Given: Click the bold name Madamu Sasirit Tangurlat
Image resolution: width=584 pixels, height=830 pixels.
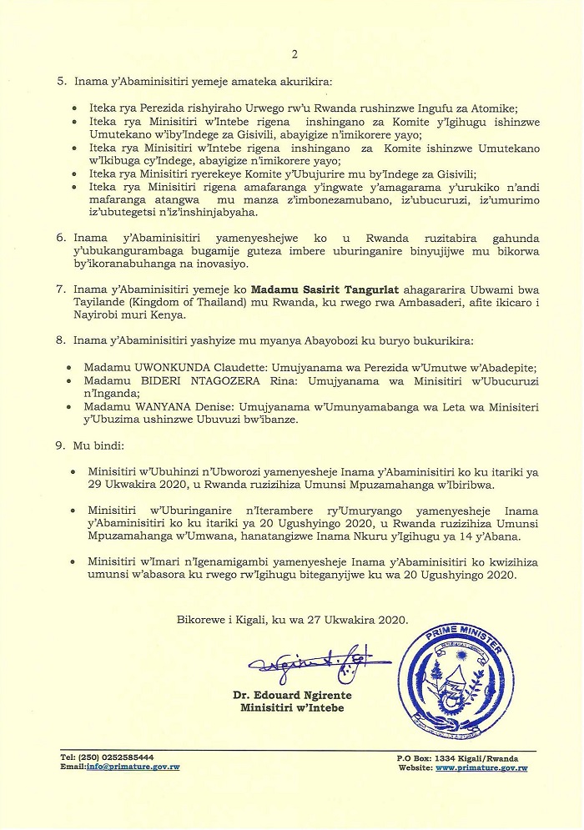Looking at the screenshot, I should pyautogui.click(x=325, y=289).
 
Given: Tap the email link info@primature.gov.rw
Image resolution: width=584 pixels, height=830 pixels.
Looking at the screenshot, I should pyautogui.click(x=133, y=766).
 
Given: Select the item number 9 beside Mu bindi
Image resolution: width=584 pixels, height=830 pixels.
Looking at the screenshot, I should pyautogui.click(x=60, y=446).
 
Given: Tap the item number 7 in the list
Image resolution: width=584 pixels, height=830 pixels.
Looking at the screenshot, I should pyautogui.click(x=60, y=289).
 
